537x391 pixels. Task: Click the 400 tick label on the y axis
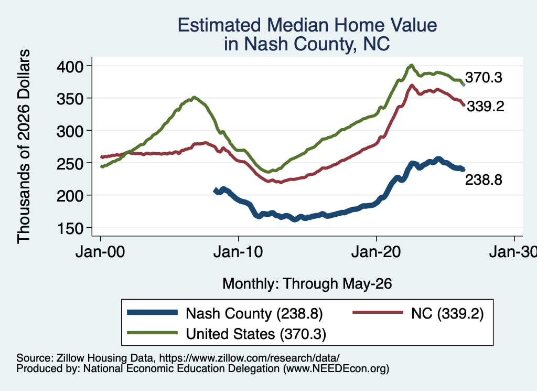[70, 67]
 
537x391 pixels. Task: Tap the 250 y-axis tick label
[70, 164]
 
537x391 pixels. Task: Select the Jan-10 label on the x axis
[238, 252]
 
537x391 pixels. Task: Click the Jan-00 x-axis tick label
[100, 252]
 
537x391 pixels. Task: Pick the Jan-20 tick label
[376, 252]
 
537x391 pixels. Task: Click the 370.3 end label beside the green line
[484, 78]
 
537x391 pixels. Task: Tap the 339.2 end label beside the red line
[486, 107]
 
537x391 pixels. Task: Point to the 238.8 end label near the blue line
[484, 179]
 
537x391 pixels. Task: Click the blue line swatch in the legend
[153, 312]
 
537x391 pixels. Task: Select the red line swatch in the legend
[378, 312]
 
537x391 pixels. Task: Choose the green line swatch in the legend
[153, 332]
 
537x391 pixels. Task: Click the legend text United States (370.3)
[256, 334]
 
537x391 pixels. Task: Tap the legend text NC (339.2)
[447, 313]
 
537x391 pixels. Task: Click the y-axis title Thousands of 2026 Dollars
[24, 146]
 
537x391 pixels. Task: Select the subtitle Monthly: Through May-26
[307, 284]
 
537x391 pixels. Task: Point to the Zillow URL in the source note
[249, 358]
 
